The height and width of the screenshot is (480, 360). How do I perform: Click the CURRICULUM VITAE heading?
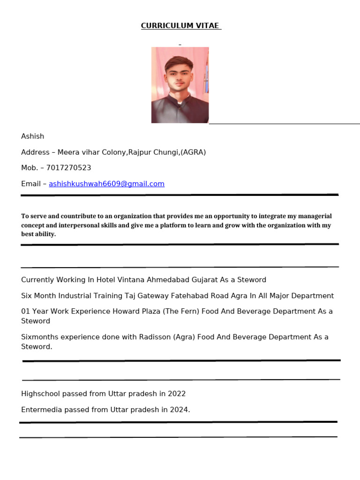[x=180, y=26]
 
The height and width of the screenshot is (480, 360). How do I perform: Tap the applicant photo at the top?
[x=180, y=85]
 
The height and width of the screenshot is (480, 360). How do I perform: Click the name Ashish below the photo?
[x=32, y=136]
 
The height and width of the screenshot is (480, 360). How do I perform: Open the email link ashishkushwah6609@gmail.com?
[x=106, y=184]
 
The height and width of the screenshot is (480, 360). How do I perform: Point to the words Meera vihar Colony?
[x=92, y=152]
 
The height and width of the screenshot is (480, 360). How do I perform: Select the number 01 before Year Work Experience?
[x=25, y=312]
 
